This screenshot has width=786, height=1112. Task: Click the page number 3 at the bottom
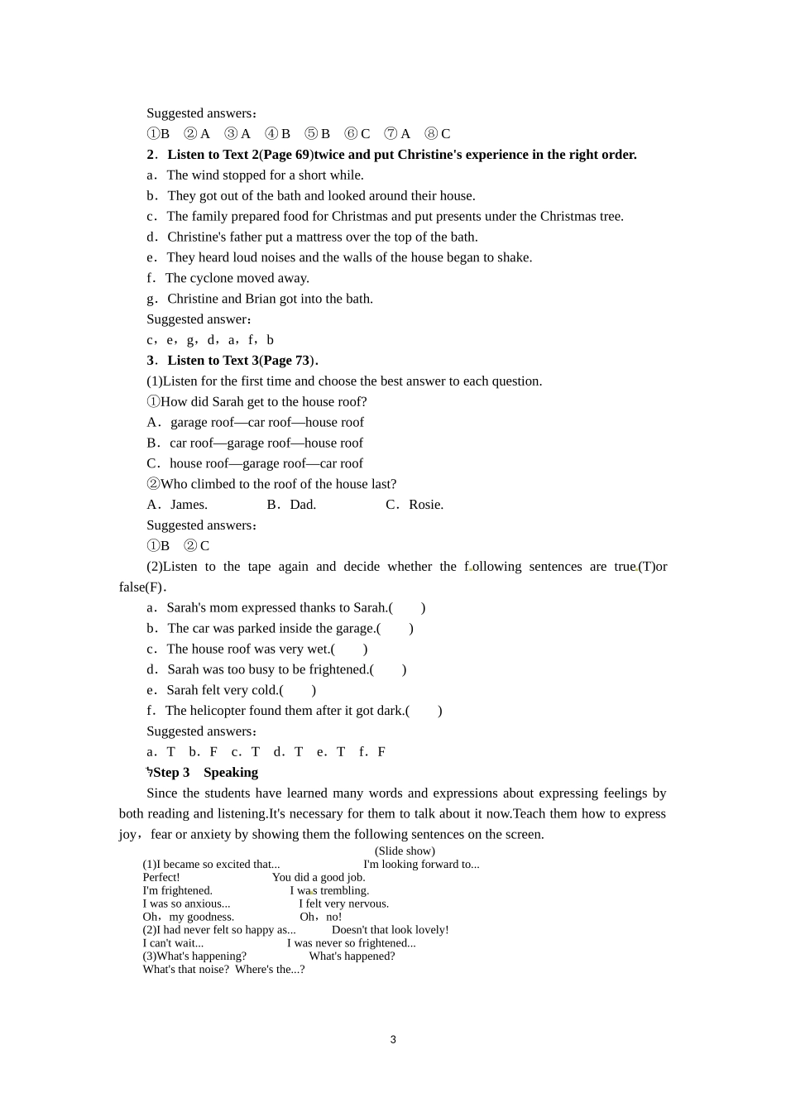pyautogui.click(x=393, y=1039)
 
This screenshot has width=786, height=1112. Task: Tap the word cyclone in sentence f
pyautogui.click(x=213, y=278)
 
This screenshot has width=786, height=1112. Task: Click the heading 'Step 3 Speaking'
pyautogui.click(x=205, y=772)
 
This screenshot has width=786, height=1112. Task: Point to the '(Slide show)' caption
pyautogui.click(x=405, y=851)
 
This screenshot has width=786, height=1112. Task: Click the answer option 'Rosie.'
pyautogui.click(x=425, y=505)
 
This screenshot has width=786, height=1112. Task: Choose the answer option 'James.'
pyautogui.click(x=189, y=505)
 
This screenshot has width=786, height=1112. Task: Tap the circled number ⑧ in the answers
pyautogui.click(x=430, y=134)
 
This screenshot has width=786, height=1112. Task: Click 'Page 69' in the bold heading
pyautogui.click(x=287, y=155)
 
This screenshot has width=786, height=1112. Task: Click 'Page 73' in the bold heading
pyautogui.click(x=287, y=361)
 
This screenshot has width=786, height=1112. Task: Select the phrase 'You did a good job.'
pyautogui.click(x=319, y=877)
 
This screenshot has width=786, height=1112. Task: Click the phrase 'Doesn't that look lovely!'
pyautogui.click(x=390, y=930)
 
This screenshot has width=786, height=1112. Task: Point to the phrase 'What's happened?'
pyautogui.click(x=352, y=956)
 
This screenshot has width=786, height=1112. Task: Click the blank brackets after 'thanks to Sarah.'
pyautogui.click(x=407, y=607)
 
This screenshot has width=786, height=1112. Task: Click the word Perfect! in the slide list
pyautogui.click(x=161, y=877)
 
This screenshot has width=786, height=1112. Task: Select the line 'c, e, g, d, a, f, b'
pyautogui.click(x=210, y=340)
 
